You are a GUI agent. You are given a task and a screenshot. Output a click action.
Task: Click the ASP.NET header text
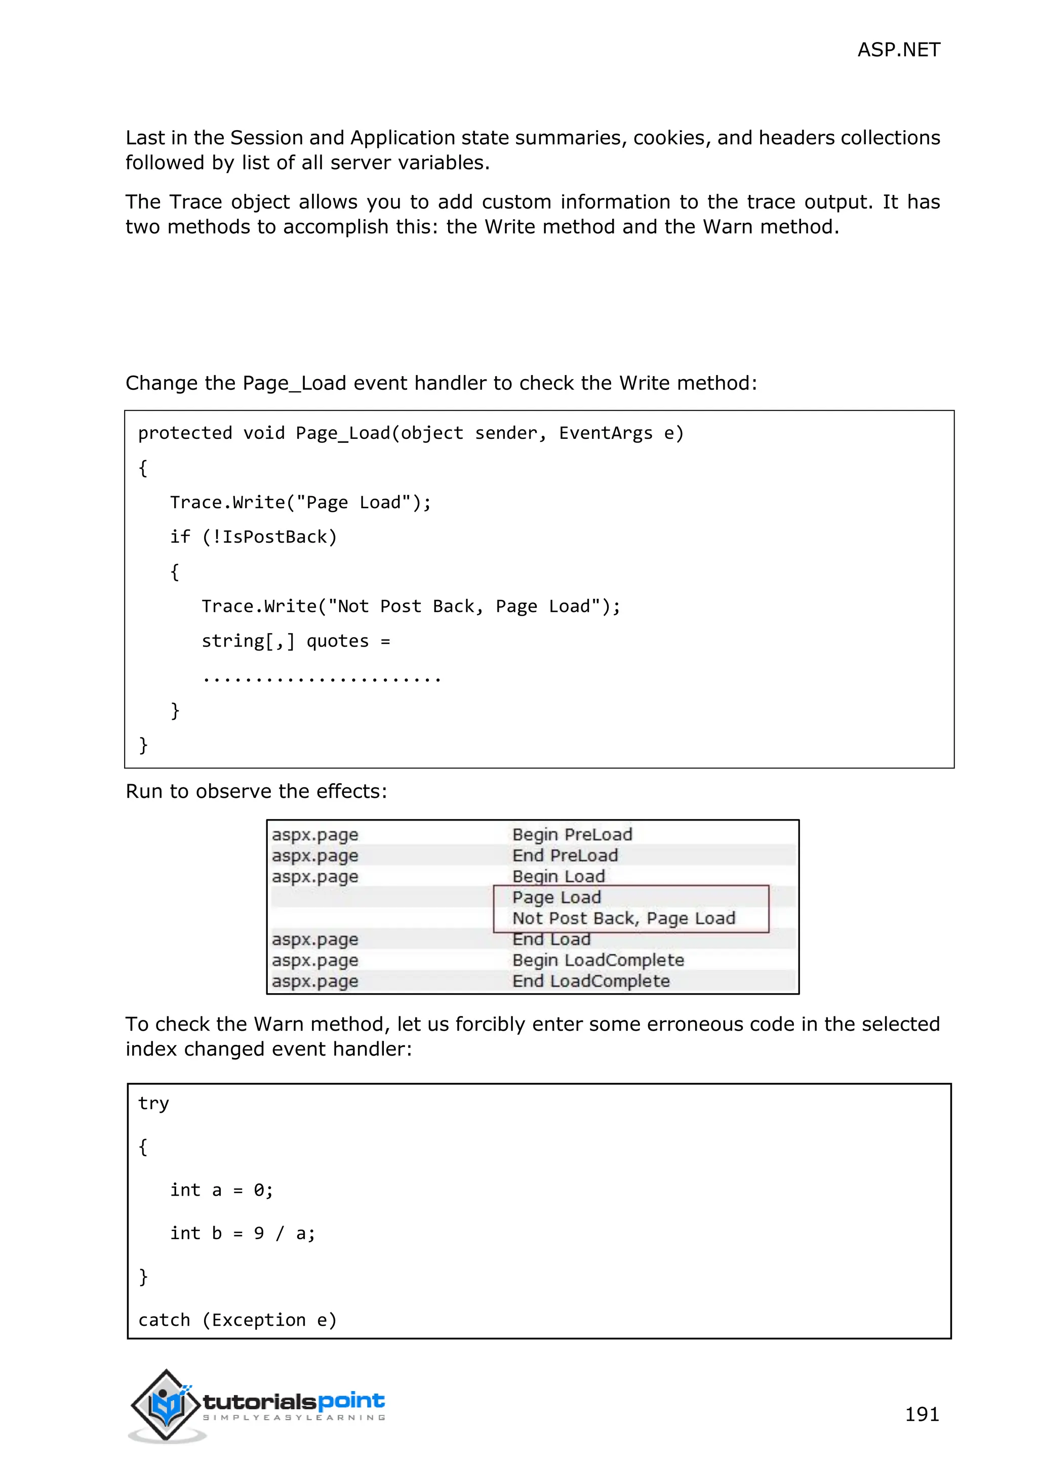click(x=898, y=50)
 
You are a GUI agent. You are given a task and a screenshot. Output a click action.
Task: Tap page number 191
click(x=922, y=1414)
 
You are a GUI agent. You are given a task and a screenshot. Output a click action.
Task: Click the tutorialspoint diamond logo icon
click(x=166, y=1404)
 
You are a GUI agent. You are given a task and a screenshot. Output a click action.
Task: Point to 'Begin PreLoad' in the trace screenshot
click(x=572, y=835)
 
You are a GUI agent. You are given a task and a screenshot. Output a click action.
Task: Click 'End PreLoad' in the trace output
click(x=565, y=856)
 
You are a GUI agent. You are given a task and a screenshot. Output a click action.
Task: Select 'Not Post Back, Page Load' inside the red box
click(x=624, y=918)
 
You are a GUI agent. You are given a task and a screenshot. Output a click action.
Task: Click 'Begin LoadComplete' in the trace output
click(x=597, y=960)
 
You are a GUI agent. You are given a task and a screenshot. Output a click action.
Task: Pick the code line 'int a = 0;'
click(x=222, y=1190)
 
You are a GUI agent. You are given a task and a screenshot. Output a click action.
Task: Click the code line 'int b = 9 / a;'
click(x=243, y=1233)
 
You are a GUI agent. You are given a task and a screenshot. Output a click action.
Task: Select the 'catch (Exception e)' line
click(x=237, y=1320)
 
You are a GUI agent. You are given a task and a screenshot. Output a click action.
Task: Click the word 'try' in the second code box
click(x=153, y=1104)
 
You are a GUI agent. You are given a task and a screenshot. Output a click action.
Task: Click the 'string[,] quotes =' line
click(x=296, y=641)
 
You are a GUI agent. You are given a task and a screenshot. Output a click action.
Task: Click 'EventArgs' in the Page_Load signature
click(x=606, y=433)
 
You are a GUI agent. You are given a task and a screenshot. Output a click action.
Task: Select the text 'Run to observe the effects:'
click(x=256, y=791)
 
